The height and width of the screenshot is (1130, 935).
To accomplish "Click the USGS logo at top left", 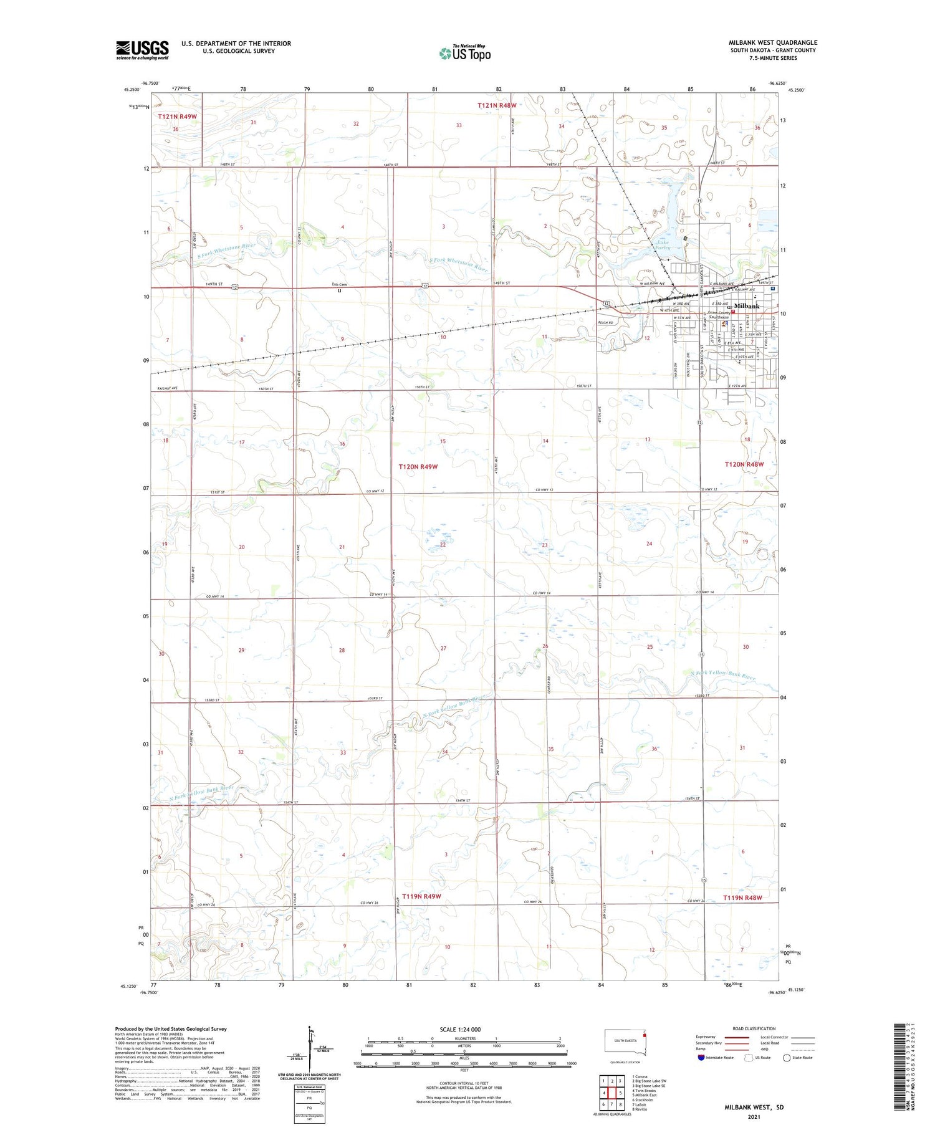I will pos(142,50).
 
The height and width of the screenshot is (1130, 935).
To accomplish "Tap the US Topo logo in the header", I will pos(464,54).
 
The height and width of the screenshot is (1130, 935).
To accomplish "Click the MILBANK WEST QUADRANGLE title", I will pos(772,42).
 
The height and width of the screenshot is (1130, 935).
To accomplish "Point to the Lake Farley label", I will pos(662,245).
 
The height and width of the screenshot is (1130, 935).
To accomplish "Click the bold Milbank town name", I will pos(746,306).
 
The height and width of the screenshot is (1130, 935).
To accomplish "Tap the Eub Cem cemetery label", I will pos(339,285).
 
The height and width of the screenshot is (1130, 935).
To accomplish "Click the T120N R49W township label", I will pos(418,466).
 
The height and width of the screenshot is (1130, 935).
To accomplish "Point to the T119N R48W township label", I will pos(742,898).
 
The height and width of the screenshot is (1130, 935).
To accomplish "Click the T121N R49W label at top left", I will pos(177,117).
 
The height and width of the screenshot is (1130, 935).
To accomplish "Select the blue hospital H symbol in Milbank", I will pos(773,289).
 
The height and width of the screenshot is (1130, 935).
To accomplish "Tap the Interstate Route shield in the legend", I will pos(701,1058).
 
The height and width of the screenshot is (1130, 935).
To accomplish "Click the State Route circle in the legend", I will pos(787,1058).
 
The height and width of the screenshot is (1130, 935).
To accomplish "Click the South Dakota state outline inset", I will pos(625,1041).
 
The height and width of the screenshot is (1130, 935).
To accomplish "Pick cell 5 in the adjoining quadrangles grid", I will pos(620,1093).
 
